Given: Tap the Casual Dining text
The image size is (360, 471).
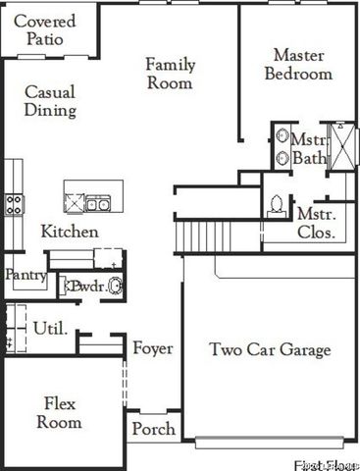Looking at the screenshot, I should point(50,100).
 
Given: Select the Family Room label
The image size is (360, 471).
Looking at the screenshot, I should point(171,74).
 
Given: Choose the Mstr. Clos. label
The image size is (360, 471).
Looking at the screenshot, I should point(316,223).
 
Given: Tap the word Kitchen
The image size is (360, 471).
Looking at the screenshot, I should point(69,232).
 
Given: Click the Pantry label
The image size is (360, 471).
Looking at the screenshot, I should point(26,276).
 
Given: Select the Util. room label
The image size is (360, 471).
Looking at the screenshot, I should point(50,328).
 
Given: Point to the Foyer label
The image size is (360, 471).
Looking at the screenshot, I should point(153,348).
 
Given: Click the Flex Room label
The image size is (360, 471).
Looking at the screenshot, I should point(59,412).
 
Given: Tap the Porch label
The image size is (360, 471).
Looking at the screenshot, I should point(154,429).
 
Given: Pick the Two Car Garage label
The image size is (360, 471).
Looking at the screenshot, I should point(270,349).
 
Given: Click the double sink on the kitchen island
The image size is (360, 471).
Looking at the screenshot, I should point(97,204).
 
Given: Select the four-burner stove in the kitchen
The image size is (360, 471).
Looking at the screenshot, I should point(14,204).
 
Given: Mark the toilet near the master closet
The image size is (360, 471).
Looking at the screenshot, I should point(277,204).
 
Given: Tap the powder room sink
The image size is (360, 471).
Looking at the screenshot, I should point(115,287).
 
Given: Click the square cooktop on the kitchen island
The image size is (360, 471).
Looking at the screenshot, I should point(75,203).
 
